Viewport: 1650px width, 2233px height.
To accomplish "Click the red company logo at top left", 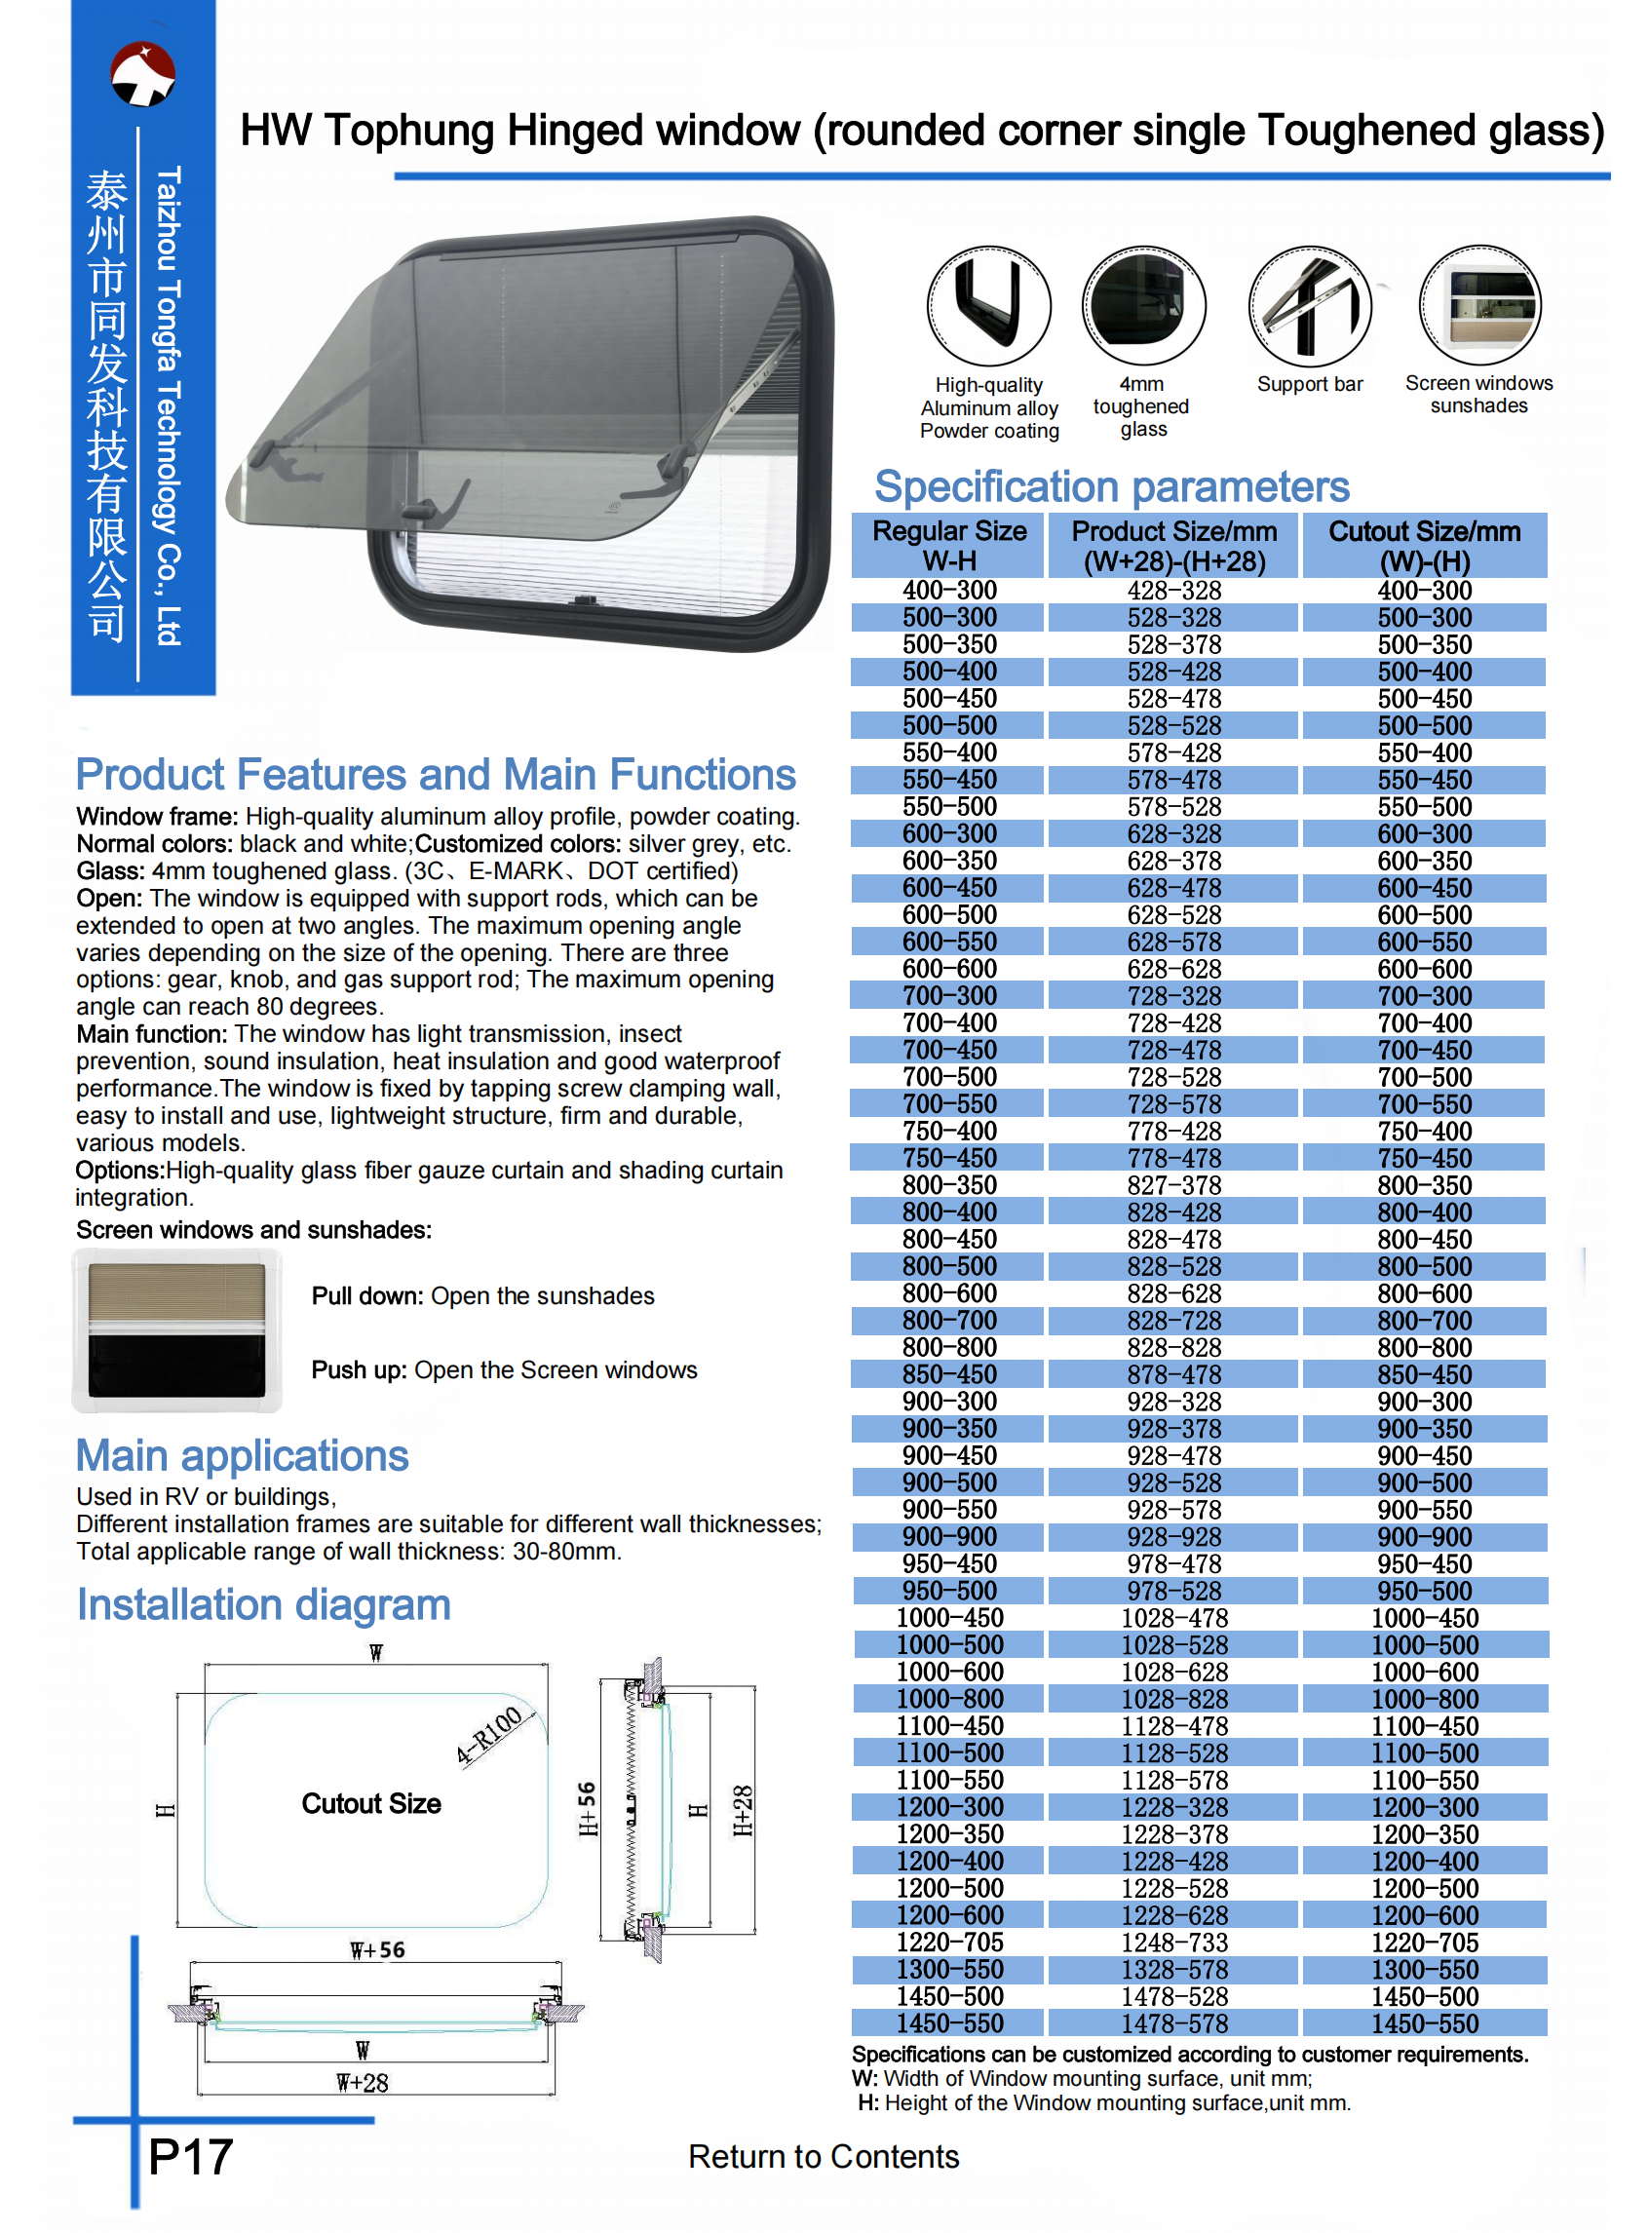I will [143, 74].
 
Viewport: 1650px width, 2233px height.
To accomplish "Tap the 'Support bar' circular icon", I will [1310, 306].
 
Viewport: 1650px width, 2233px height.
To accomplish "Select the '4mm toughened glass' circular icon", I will [1142, 306].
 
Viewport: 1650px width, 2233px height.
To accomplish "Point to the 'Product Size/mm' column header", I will [1173, 545].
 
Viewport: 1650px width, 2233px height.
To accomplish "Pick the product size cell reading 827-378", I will [1173, 1185].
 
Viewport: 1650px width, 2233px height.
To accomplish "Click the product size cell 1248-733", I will [1173, 1943].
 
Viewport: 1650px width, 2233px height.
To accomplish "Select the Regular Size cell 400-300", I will [949, 591].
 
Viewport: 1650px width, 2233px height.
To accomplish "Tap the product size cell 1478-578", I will [1173, 2023].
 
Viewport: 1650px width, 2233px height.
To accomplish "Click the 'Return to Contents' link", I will [823, 2156].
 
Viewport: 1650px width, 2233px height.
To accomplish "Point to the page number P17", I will [190, 2156].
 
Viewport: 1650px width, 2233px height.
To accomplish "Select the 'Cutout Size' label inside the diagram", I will [371, 1803].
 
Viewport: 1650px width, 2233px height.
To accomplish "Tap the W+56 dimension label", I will [377, 1949].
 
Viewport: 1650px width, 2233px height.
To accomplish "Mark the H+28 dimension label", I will [743, 1811].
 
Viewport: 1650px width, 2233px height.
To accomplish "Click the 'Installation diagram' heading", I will [264, 1605].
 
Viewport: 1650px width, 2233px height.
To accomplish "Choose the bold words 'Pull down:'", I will [367, 1295].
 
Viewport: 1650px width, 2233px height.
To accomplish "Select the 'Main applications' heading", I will [243, 1455].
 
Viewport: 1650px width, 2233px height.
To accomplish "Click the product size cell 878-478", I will [1173, 1374].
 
